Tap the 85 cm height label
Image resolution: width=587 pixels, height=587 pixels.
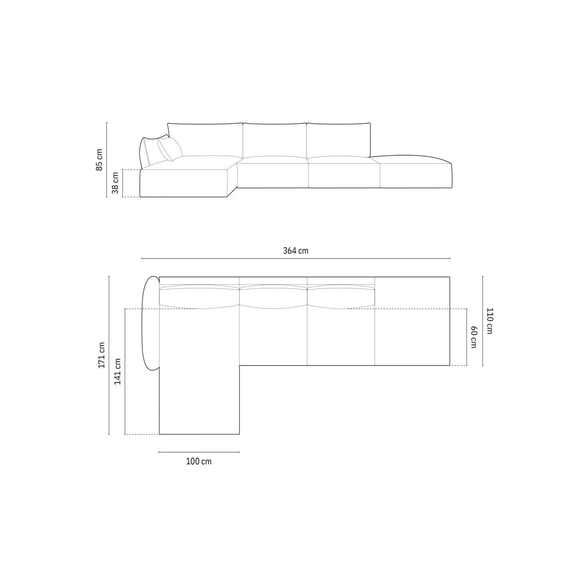coord(99,160)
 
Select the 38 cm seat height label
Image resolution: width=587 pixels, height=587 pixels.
coord(115,183)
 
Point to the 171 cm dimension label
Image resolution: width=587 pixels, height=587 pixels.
coord(102,355)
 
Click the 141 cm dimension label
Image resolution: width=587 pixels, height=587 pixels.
coord(117,371)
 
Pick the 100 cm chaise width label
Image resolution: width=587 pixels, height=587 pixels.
coord(199,461)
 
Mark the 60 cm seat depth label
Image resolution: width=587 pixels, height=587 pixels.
coord(473,337)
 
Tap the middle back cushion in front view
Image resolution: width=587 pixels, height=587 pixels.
coord(275,140)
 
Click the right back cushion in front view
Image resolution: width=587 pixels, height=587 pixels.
coord(338,140)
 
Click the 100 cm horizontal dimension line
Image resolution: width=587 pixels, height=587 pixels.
coord(199,452)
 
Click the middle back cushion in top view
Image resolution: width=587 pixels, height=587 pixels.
coord(273,296)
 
